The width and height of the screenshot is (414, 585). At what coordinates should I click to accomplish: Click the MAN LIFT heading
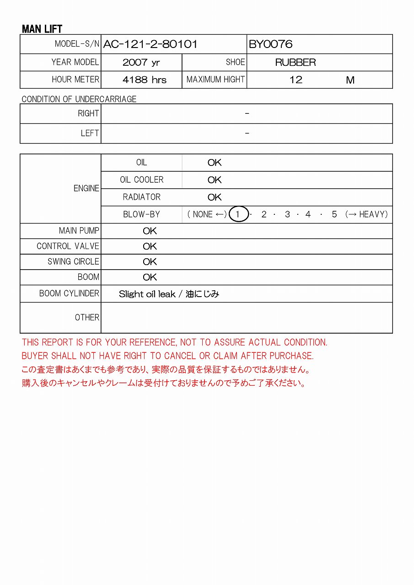[x=42, y=29]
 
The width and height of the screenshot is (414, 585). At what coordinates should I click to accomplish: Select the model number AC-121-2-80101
[x=151, y=44]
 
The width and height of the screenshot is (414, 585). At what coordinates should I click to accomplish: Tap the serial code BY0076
[x=270, y=44]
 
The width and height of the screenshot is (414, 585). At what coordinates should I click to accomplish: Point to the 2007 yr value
[x=141, y=63]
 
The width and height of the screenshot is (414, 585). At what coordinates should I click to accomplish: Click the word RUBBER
[x=296, y=63]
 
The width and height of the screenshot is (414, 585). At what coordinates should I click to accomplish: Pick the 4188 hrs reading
[x=145, y=80]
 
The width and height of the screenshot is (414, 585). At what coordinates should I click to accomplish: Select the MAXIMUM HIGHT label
[x=215, y=80]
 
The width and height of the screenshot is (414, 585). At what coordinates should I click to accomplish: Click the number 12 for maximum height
[x=296, y=80]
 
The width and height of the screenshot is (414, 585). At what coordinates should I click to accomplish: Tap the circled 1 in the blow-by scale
[x=238, y=214]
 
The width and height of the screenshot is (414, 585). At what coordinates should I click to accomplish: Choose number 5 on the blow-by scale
[x=334, y=214]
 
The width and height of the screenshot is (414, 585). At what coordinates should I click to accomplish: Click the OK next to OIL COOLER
[x=215, y=180]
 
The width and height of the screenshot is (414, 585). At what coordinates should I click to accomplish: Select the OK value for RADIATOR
[x=215, y=197]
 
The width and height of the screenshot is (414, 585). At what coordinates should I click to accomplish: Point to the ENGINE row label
[x=86, y=188]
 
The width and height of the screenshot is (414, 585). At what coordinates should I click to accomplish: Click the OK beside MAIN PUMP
[x=150, y=231]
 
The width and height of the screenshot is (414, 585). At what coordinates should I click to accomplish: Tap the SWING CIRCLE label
[x=73, y=262]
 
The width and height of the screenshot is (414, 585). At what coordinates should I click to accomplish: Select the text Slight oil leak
[x=147, y=294]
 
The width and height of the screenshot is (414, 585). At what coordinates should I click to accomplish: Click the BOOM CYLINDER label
[x=69, y=293]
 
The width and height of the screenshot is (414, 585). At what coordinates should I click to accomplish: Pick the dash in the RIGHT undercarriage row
[x=247, y=114]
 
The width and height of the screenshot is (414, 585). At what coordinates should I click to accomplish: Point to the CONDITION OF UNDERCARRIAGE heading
[x=79, y=99]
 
